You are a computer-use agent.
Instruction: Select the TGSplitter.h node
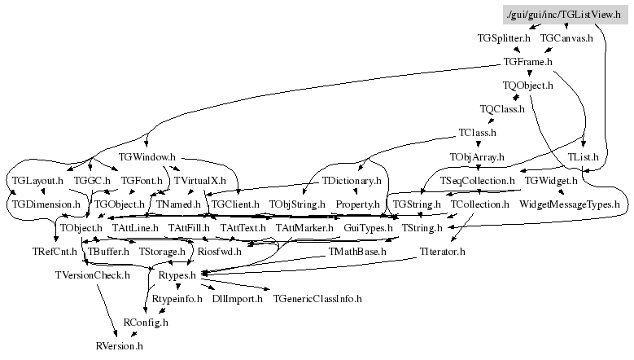pyautogui.click(x=504, y=37)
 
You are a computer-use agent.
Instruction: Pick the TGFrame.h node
pyautogui.click(x=527, y=61)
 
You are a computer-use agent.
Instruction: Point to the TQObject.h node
pyautogui.click(x=527, y=85)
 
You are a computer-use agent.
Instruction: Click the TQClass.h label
pyautogui.click(x=502, y=108)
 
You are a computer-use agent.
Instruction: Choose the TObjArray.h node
pyautogui.click(x=477, y=156)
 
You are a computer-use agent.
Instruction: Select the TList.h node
pyautogui.click(x=584, y=156)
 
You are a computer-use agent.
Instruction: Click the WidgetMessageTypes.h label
pyautogui.click(x=569, y=204)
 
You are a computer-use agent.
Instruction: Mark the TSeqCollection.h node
pyautogui.click(x=478, y=180)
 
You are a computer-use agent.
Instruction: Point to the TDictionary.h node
pyautogui.click(x=352, y=180)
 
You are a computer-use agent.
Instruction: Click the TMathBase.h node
pyautogui.click(x=357, y=252)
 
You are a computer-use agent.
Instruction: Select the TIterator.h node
pyautogui.click(x=442, y=252)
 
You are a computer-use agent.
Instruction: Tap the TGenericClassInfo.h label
pyautogui.click(x=317, y=299)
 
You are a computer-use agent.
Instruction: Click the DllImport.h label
pyautogui.click(x=237, y=299)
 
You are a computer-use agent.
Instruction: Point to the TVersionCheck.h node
pyautogui.click(x=92, y=275)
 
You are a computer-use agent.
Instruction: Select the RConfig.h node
pyautogui.click(x=146, y=323)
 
